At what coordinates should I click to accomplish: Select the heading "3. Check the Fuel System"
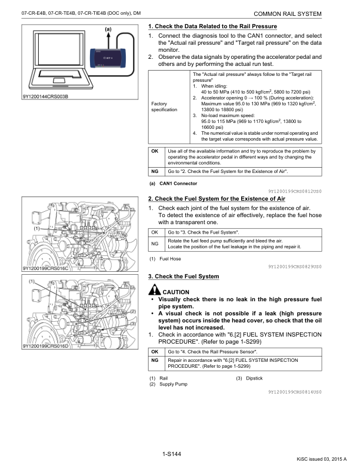[x=184, y=276]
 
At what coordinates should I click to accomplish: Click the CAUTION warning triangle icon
[x=155, y=291]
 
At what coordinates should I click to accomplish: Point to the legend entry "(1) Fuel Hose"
[x=165, y=259]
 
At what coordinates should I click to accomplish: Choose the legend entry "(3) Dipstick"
[x=250, y=378]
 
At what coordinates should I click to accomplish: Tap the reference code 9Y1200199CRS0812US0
[x=295, y=191]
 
